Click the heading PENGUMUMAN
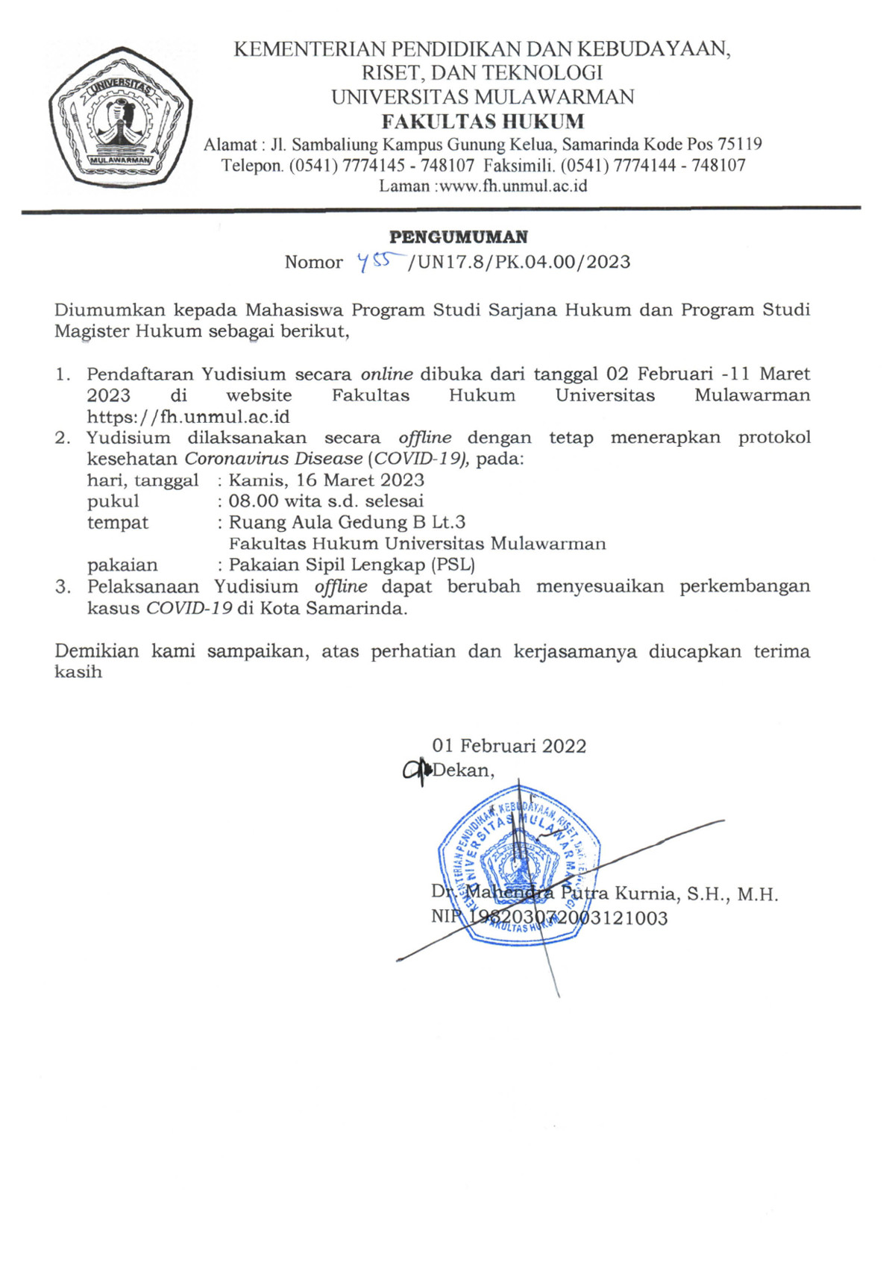tap(459, 237)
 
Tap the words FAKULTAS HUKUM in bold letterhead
tap(483, 121)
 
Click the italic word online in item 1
tap(386, 374)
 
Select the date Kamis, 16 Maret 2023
tap(327, 480)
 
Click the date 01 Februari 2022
tap(509, 746)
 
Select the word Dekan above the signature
tap(462, 770)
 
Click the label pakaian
tap(122, 565)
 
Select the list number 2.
tap(62, 438)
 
